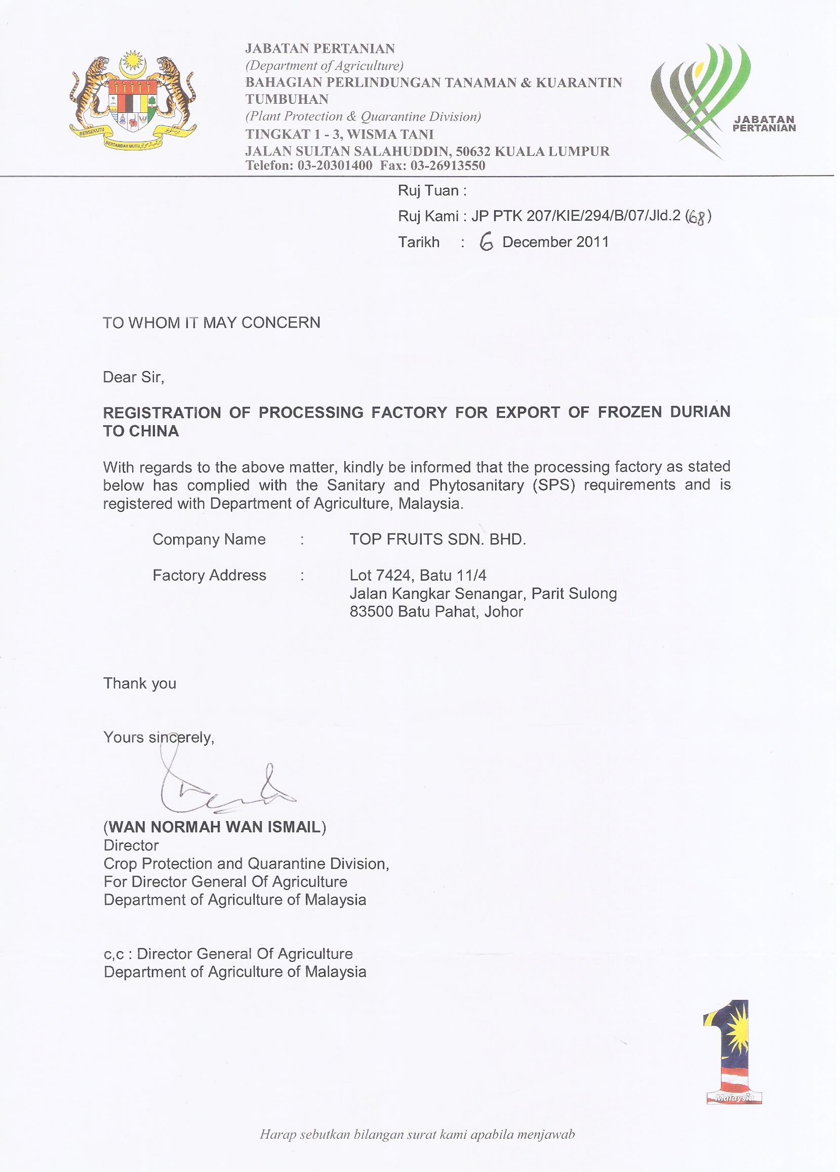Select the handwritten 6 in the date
click(x=486, y=242)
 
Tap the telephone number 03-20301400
click(x=335, y=166)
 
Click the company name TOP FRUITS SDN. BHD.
click(x=437, y=540)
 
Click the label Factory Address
click(x=209, y=575)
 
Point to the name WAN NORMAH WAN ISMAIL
click(x=215, y=827)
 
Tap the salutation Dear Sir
click(x=133, y=377)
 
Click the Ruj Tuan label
click(x=431, y=191)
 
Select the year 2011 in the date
click(x=592, y=242)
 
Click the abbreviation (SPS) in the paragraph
click(x=553, y=485)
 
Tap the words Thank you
click(x=140, y=683)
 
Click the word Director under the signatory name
click(x=131, y=845)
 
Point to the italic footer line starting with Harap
click(x=417, y=1135)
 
